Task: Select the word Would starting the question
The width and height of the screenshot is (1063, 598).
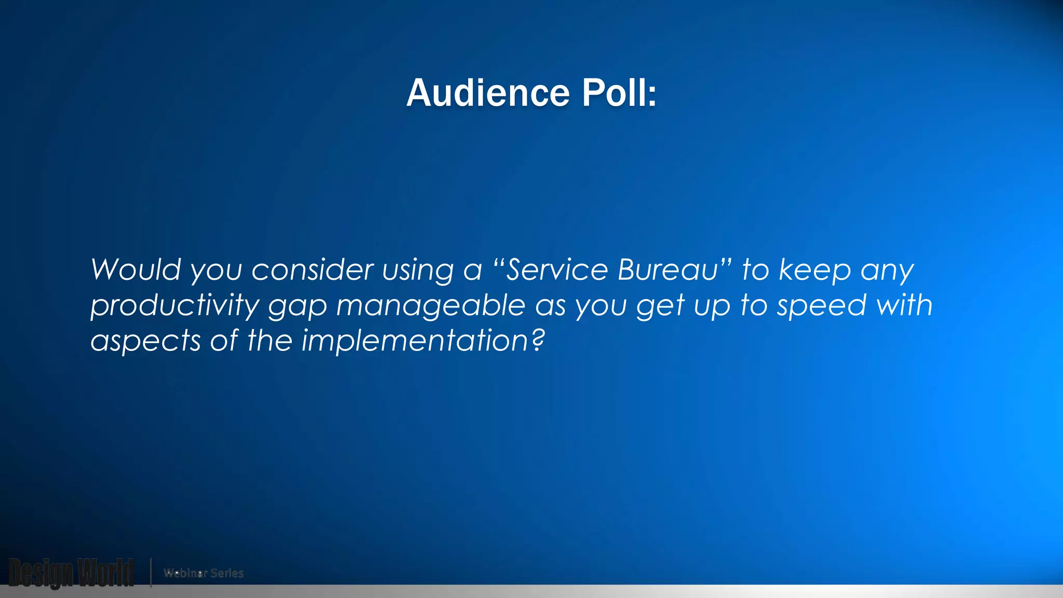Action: [x=136, y=270]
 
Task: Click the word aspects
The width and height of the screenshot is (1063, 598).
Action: [x=145, y=342]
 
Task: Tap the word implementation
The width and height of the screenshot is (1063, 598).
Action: [x=415, y=342]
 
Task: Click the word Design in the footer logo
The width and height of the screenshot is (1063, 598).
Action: [x=40, y=573]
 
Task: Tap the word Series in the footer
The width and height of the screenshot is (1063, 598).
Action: [x=227, y=573]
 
